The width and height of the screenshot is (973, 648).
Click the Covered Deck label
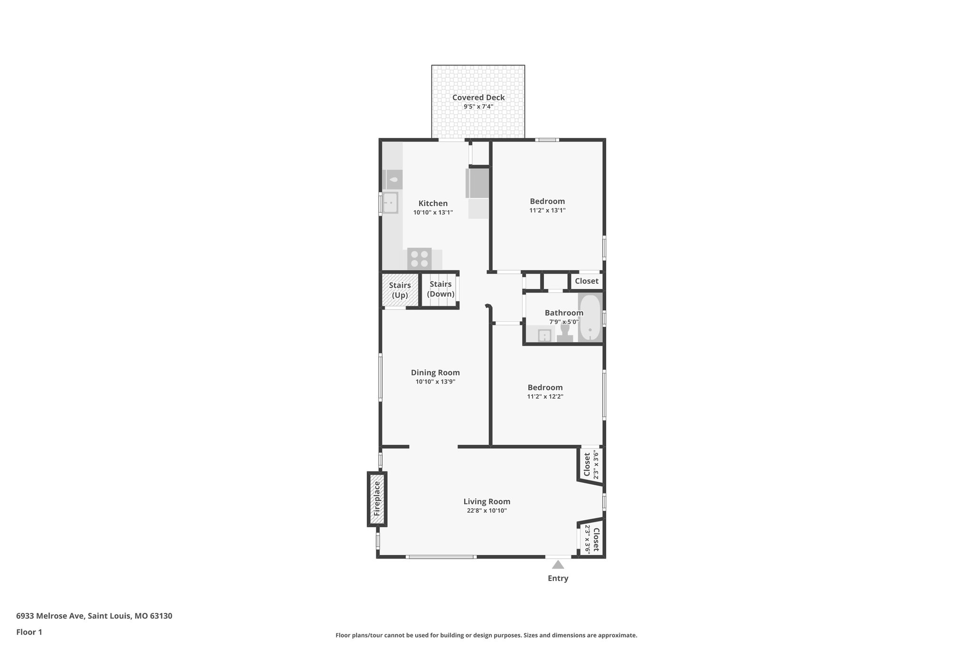coord(478,97)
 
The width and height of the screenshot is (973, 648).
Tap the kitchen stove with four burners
coord(419,259)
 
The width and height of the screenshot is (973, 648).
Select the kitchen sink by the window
coord(391,203)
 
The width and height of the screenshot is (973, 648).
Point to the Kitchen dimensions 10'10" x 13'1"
coord(433,213)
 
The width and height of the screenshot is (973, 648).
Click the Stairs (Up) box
coord(400,290)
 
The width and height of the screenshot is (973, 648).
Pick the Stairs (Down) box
coord(440,289)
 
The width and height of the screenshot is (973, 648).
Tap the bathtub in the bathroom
coord(590,317)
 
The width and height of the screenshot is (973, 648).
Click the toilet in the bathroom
coord(565,332)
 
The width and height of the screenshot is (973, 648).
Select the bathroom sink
coord(544,336)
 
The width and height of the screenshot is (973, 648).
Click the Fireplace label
coord(377,499)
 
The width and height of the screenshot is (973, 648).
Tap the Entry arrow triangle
coord(558,564)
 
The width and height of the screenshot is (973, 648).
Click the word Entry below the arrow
coord(558,578)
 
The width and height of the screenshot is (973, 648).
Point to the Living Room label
coord(486,501)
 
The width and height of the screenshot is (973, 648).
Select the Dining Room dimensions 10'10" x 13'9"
coord(435,382)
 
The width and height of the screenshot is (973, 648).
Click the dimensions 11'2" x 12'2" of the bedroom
coord(545,397)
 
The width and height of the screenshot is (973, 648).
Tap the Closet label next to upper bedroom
coord(586,281)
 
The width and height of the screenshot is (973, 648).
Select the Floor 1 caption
coord(29,632)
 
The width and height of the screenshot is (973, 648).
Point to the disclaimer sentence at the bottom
coord(486,635)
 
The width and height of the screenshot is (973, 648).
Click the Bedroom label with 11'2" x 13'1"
coord(547,201)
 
